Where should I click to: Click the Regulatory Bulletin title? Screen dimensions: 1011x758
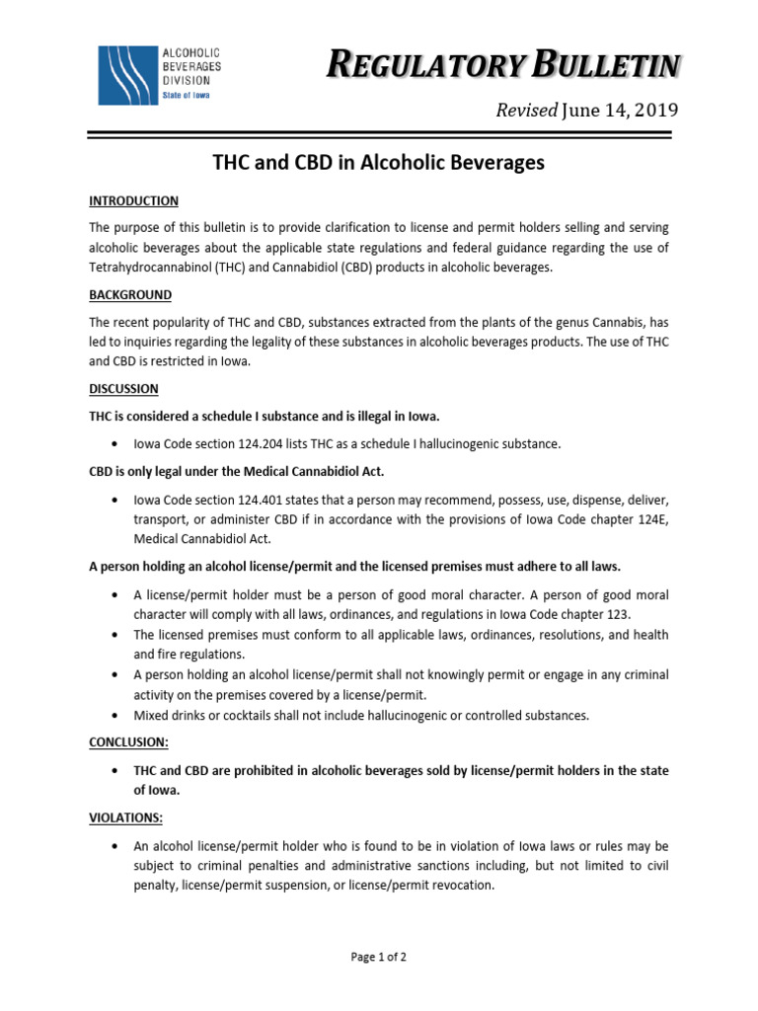click(503, 66)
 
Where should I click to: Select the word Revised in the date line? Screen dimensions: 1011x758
click(526, 110)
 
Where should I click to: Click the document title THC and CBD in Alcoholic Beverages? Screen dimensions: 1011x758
click(379, 163)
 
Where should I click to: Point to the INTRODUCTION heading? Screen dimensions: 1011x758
click(133, 201)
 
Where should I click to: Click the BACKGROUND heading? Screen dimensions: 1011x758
click(130, 295)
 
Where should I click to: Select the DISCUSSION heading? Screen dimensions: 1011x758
click(123, 389)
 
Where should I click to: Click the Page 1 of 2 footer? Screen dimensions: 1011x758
click(379, 957)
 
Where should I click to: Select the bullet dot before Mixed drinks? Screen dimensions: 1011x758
click(117, 714)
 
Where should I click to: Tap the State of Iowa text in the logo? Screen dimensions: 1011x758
click(188, 95)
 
